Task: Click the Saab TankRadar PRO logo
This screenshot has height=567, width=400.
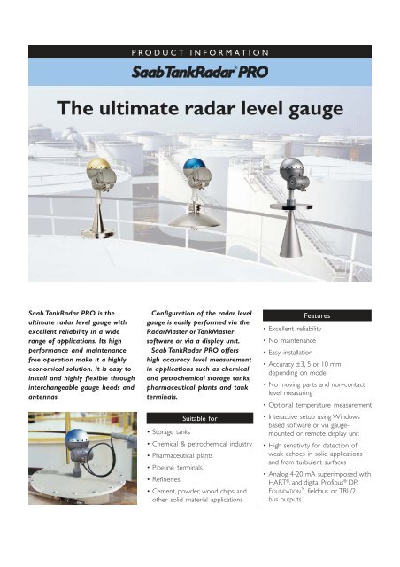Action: (200, 70)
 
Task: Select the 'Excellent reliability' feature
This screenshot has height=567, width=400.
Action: (312, 334)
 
